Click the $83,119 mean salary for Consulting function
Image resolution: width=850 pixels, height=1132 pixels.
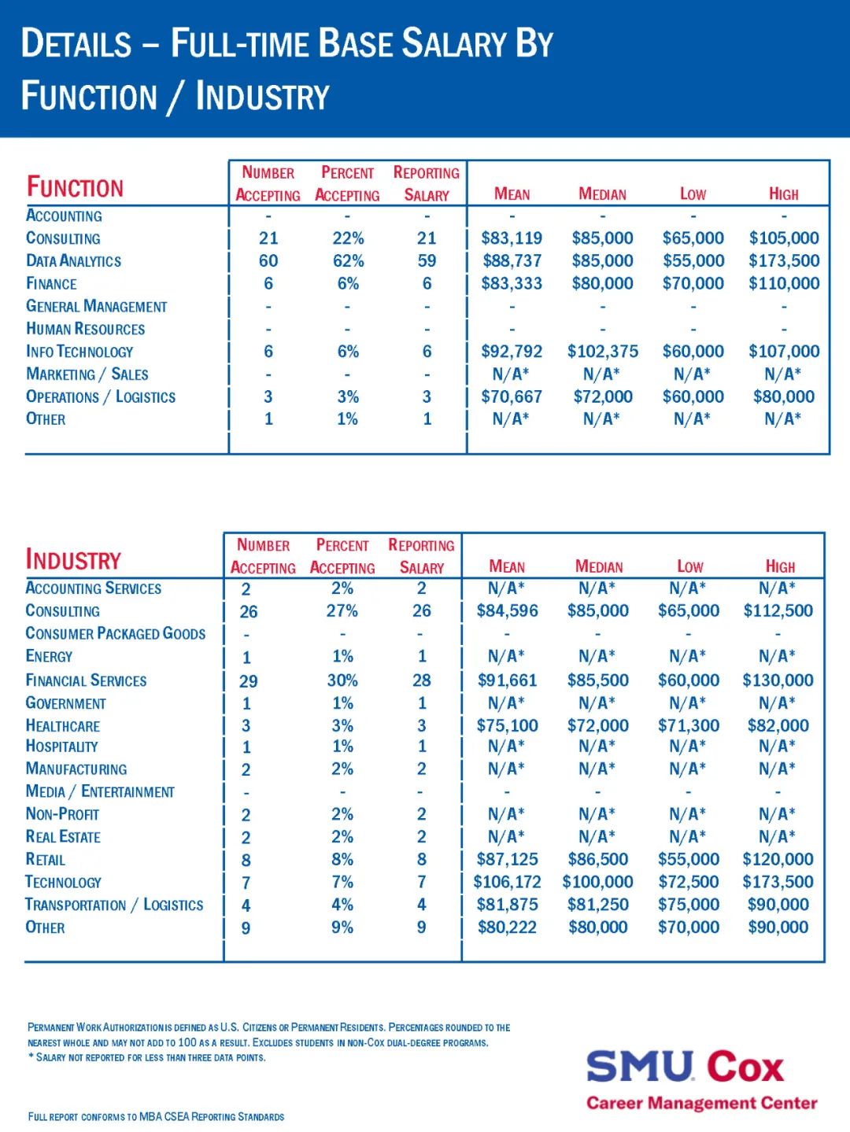point(512,238)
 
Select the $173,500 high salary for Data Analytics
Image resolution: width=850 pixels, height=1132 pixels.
point(784,261)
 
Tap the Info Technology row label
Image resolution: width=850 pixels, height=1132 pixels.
point(79,352)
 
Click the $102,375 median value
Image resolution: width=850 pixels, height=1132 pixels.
point(603,352)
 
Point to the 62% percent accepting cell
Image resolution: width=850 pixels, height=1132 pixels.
point(348,261)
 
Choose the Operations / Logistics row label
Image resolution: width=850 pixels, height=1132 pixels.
point(101,397)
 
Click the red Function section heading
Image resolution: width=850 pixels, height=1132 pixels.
point(76,187)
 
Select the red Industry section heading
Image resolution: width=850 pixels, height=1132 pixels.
point(74,560)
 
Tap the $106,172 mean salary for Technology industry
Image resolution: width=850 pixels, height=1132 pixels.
point(507,883)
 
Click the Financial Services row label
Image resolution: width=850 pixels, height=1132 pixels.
point(86,680)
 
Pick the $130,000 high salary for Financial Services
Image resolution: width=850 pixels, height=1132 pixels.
point(778,680)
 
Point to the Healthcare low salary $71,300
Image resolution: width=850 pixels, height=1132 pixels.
point(689,726)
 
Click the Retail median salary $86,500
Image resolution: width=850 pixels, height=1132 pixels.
point(598,860)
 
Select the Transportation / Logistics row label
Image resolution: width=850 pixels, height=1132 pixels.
point(114,905)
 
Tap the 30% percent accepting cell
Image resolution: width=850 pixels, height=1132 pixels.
point(342,680)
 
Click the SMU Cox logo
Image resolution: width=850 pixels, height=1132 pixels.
point(685,1067)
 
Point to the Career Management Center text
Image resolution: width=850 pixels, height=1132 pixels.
point(701,1103)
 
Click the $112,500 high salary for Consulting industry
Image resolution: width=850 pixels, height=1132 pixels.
point(778,611)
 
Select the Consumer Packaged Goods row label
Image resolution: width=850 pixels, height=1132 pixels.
point(116,634)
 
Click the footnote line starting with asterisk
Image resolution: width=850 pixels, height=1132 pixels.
point(146,1057)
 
